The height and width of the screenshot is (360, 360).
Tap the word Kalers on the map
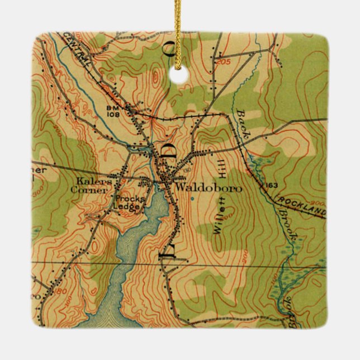[91, 182]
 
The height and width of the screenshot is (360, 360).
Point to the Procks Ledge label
[127, 202]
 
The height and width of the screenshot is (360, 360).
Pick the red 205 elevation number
[225, 61]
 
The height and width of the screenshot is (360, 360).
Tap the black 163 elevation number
[272, 186]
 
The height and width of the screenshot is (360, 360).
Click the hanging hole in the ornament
[179, 76]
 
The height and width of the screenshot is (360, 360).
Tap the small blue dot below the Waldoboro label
[192, 198]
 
